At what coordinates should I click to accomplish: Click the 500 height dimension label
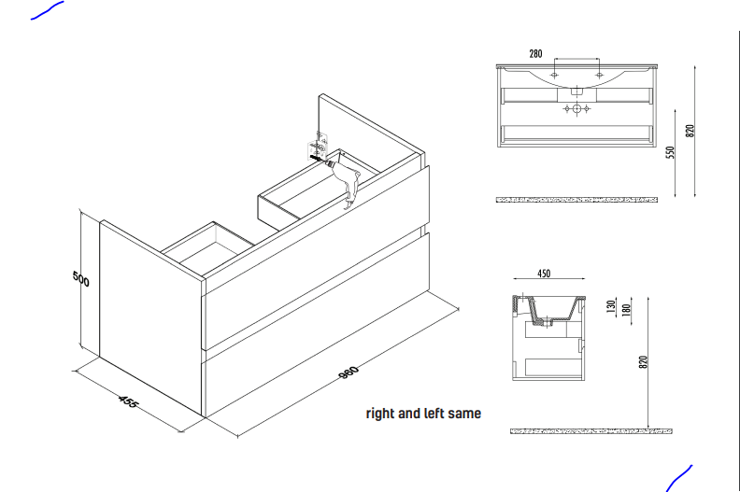point(81,278)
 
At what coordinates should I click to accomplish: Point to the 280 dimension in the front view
point(535,54)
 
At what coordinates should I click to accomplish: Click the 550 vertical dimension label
point(670,152)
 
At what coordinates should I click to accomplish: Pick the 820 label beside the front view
point(690,131)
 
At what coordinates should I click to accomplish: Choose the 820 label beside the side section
point(643,362)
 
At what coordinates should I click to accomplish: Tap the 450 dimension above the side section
point(543,274)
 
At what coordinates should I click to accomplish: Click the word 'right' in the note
point(381,413)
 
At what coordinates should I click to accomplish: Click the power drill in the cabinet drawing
point(347,180)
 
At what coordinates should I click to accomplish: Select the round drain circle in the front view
point(576,110)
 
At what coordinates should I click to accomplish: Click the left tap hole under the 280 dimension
point(554,74)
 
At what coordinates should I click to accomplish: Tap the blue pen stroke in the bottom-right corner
point(679,476)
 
